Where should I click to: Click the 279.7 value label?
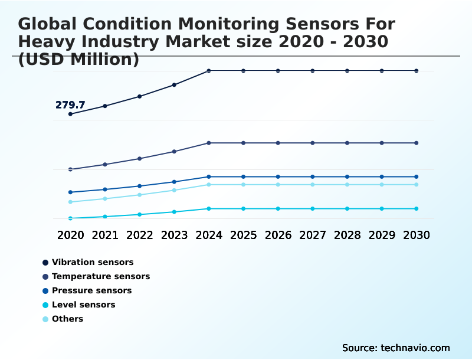point(70,105)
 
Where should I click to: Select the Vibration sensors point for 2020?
point(71,114)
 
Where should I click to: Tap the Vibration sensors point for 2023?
point(174,85)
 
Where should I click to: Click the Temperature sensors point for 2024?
point(209,143)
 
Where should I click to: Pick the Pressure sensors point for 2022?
point(140,186)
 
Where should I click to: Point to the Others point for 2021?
point(105,198)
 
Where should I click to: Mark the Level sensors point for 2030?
point(416,208)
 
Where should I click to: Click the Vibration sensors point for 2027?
point(313,71)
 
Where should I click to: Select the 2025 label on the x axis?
point(243,235)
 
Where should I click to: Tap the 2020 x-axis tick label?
point(71,235)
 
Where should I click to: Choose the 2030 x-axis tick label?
point(416,235)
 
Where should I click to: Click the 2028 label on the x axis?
point(347,235)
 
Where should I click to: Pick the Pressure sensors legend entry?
point(91,290)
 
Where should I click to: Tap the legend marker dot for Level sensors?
point(45,305)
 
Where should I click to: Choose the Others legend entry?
point(67,319)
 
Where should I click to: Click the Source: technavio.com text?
point(396,348)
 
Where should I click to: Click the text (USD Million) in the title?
point(78,59)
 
